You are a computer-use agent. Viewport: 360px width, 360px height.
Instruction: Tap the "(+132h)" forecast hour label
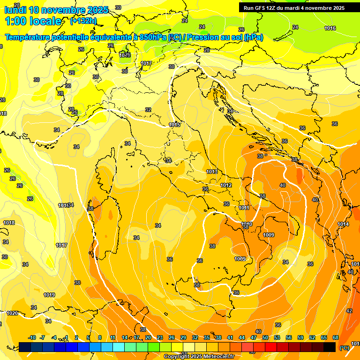pos(83,21)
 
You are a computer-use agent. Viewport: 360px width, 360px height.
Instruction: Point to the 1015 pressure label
pos(174,125)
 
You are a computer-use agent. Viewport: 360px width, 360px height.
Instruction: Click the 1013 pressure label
pos(212,172)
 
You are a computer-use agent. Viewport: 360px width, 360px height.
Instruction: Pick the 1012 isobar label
pos(226,185)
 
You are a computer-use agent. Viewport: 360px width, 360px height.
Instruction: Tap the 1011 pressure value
pos(244,208)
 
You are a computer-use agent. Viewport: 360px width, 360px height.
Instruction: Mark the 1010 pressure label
pos(247,224)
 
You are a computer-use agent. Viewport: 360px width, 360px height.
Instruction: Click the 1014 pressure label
pos(343,225)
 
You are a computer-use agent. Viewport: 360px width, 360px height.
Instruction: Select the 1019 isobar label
pos(49,295)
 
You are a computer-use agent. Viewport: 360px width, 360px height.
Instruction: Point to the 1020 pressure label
pos(12,313)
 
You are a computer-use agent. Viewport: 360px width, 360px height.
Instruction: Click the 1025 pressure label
pos(124,55)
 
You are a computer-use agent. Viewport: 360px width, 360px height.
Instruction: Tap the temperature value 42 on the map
pos(349,311)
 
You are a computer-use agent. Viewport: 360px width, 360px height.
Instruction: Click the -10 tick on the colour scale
pos(32,337)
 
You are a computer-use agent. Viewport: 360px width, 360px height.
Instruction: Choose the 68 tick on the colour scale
pos(336,337)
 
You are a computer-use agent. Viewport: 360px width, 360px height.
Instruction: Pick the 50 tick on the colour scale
pos(265,337)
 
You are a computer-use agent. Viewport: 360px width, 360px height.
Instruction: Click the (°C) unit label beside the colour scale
pos(344,348)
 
